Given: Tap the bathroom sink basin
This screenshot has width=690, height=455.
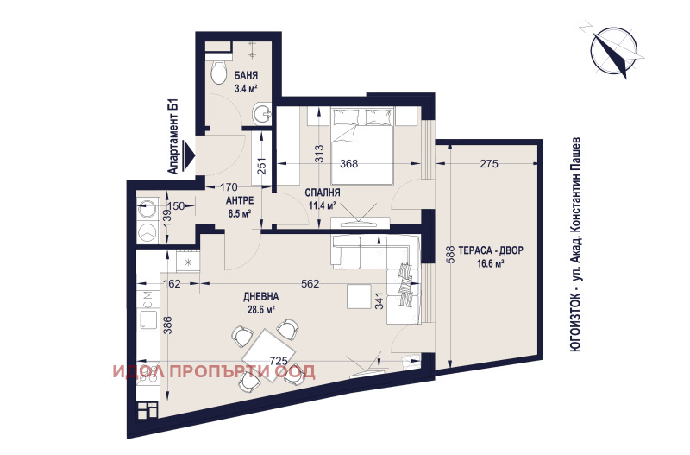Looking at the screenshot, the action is coord(264,115).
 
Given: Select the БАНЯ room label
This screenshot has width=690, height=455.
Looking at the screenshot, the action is coord(246,76).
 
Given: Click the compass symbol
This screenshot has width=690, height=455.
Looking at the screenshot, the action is coord(614,52).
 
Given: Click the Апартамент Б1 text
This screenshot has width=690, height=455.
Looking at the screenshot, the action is coord(173,137).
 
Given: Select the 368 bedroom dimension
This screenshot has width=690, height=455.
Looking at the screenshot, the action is coord(349,164).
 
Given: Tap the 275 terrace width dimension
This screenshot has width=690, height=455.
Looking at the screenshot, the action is coord(489,164).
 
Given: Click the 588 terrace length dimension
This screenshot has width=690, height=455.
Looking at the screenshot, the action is coord(449,255).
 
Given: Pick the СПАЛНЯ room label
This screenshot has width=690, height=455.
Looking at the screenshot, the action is coord(323,193).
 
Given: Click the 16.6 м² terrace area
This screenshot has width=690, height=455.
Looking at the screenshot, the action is coord(490,264).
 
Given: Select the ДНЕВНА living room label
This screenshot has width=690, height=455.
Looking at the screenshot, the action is coord(261,296).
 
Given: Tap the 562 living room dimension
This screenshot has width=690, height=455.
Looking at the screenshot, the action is coord(310,284).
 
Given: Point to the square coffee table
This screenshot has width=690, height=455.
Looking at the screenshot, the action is coord(359,296).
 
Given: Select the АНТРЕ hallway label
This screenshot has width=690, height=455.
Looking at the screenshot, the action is coord(240,201).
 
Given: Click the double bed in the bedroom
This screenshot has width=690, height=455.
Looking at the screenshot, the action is coord(361,146).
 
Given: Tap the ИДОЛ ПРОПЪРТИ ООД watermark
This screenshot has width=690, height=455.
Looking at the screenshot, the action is coord(214,372).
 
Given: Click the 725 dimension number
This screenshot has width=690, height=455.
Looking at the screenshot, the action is coord(278,361).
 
